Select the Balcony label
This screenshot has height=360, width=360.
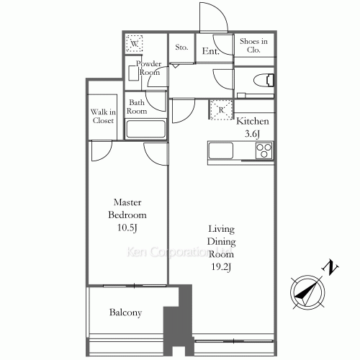click(x=125, y=312)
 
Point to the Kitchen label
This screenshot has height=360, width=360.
click(x=253, y=121)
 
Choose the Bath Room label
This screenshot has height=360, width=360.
click(x=137, y=107)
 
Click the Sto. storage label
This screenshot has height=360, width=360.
click(x=181, y=48)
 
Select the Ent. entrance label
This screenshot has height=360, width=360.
click(x=210, y=51)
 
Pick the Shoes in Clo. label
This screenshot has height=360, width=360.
click(x=253, y=46)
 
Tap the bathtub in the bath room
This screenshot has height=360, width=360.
click(x=146, y=130)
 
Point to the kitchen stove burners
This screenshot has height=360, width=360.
click(x=264, y=151)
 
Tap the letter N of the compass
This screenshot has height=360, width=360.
click(x=332, y=269)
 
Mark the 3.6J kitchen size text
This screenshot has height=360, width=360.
click(x=253, y=134)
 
